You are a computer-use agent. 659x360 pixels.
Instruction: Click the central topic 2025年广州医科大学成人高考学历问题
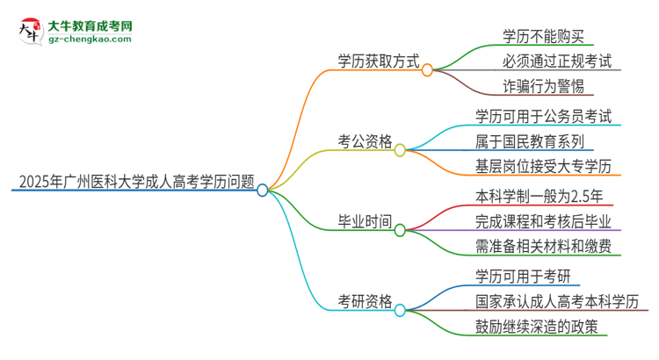[132, 184]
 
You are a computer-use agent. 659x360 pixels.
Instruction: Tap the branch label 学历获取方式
[379, 61]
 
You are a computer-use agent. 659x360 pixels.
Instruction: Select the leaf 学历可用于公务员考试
[543, 116]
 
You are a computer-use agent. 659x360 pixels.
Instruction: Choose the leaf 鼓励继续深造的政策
[536, 327]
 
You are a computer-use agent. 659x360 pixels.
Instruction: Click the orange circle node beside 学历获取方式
[428, 69]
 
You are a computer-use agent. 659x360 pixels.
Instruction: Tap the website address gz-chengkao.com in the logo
[90, 40]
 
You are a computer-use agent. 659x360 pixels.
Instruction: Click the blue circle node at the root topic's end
[262, 190]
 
